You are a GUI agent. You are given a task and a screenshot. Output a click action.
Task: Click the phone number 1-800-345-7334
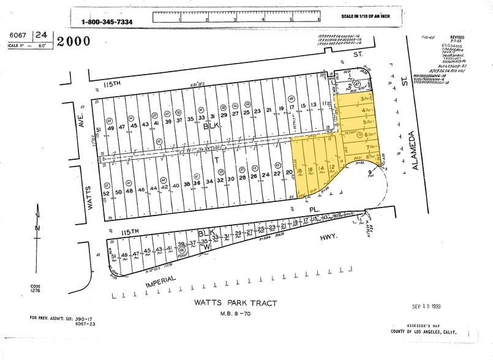click(107, 22)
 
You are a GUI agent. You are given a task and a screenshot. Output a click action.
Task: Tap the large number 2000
click(74, 41)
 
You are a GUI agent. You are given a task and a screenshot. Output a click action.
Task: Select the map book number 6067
click(19, 36)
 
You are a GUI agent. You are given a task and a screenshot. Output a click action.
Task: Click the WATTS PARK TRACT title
click(236, 303)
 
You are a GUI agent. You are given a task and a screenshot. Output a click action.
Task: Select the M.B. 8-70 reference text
click(235, 315)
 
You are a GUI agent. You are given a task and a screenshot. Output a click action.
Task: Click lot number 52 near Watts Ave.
click(106, 193)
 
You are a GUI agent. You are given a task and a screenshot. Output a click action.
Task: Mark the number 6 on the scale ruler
click(319, 20)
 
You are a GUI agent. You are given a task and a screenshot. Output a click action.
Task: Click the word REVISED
click(457, 37)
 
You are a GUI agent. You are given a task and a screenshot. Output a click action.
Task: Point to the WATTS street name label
click(89, 197)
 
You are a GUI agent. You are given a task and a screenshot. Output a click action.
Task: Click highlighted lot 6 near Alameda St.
click(366, 135)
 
